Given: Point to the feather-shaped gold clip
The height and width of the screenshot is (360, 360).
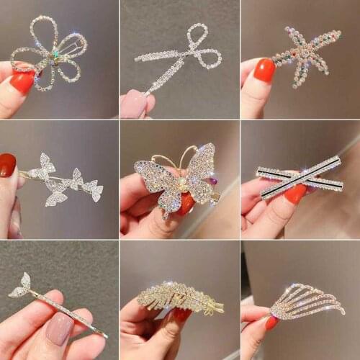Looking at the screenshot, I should point(180,297).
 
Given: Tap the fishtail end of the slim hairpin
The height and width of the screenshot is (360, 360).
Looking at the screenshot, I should point(22,286).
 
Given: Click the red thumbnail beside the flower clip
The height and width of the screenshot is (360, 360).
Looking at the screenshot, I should point(22,81).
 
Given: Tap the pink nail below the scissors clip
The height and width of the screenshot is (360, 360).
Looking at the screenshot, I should point(134,104).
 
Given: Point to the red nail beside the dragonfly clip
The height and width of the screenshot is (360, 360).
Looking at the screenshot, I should point(264,70).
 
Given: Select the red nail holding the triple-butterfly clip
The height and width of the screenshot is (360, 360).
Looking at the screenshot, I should point(8,165).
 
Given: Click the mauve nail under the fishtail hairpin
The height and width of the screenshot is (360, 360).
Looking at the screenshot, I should point(59,328).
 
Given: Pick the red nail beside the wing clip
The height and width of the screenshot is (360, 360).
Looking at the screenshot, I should point(271,323).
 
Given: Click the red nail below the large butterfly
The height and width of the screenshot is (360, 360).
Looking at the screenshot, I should point(186,204).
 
